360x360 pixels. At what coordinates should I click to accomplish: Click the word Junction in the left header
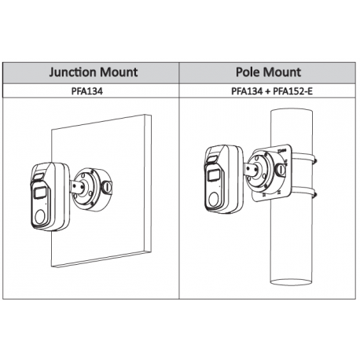coord(72,72)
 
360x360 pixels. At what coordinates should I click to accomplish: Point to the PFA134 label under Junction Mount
coord(87,91)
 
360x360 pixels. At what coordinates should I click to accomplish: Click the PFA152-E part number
coord(293,91)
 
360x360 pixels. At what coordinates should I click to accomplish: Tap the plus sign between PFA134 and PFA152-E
coord(267,91)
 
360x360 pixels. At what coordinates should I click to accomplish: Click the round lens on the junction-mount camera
coord(40,216)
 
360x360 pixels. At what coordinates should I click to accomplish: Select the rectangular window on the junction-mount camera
coord(40,193)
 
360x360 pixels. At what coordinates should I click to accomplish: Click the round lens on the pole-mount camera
coord(214,199)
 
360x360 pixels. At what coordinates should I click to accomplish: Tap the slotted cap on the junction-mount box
coord(107,187)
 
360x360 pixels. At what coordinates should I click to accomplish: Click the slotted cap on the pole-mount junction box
coord(281,169)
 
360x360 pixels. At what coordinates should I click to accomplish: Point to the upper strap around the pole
coord(304,157)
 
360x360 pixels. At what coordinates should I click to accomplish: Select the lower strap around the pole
coord(304,191)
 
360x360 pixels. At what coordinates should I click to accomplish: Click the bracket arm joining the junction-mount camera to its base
coord(77,186)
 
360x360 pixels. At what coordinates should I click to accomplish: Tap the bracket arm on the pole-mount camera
coord(251,170)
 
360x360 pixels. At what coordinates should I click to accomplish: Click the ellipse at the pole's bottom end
coord(291,282)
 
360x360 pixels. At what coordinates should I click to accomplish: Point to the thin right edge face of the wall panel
coord(148,184)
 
